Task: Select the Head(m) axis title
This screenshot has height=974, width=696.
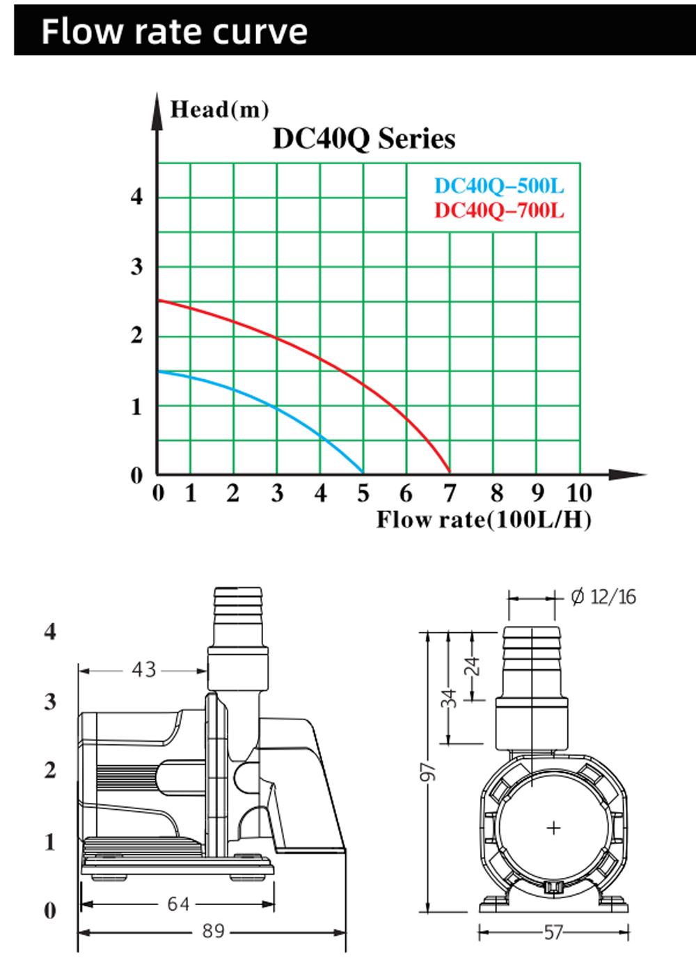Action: (219, 110)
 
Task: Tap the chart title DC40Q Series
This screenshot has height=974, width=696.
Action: (364, 139)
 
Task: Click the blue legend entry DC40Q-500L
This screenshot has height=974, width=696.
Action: (500, 186)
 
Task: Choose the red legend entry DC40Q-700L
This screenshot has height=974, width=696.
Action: (500, 211)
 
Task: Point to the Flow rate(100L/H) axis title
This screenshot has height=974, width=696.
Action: (484, 520)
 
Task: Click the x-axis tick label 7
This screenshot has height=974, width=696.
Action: (450, 493)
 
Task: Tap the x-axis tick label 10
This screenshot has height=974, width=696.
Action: (579, 493)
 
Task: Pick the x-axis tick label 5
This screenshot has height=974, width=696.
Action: (363, 493)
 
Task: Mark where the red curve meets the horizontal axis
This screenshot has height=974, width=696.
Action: (450, 472)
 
